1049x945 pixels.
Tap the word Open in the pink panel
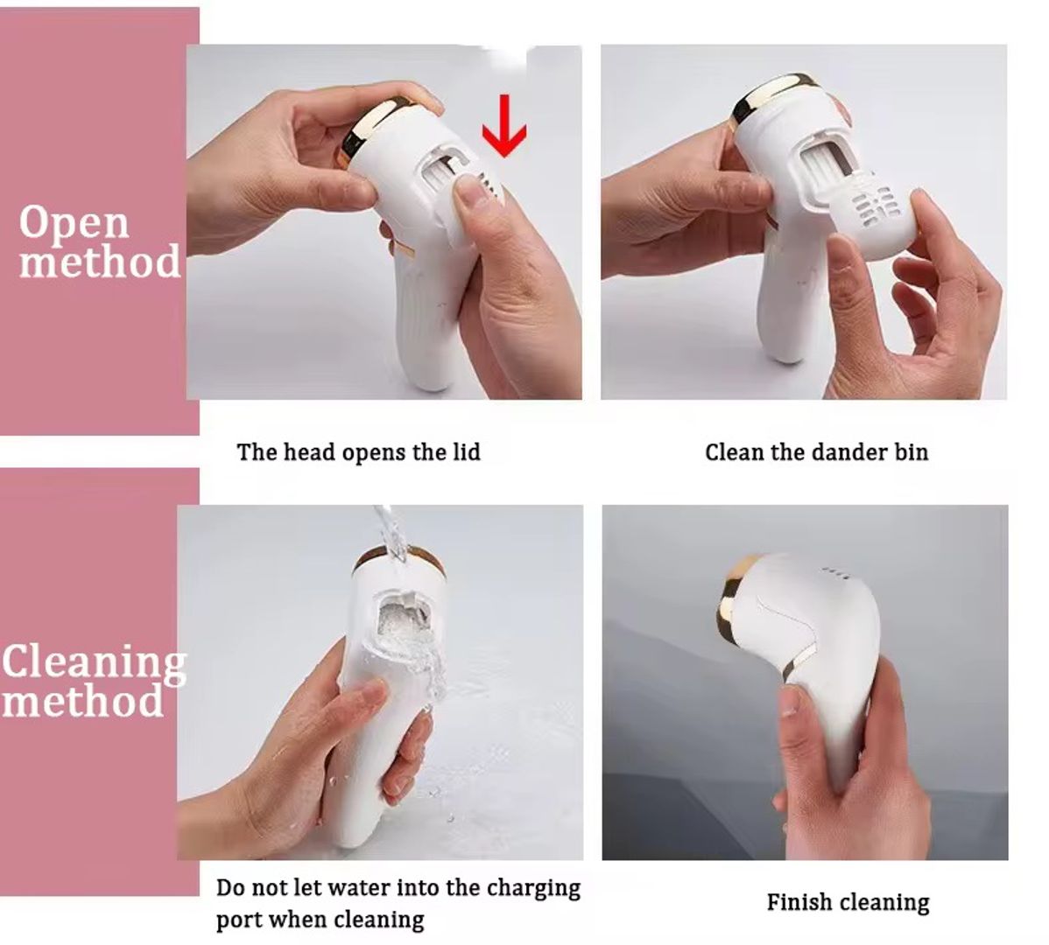point(74,222)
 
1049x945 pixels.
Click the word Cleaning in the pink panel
point(94,661)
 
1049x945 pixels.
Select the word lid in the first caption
point(467,451)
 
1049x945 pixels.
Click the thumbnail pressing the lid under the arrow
point(469,192)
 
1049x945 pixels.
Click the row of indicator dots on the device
point(835,573)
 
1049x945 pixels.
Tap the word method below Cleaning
point(82,702)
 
